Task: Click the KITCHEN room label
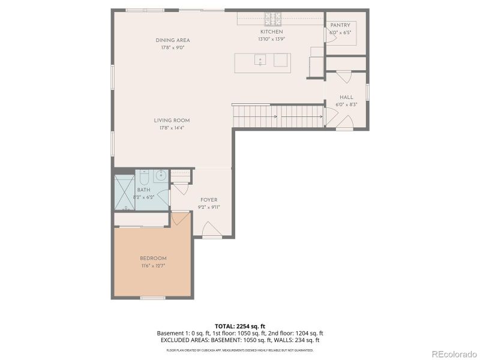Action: [271, 32]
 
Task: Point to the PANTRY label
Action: [340, 25]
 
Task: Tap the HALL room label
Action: [346, 97]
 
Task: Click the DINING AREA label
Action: [173, 40]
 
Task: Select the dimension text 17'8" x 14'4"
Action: [172, 128]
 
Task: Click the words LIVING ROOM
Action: [172, 121]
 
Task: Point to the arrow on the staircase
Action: [275, 116]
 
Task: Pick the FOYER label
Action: [209, 200]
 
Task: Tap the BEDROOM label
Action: [153, 258]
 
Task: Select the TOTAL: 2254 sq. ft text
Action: [240, 326]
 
